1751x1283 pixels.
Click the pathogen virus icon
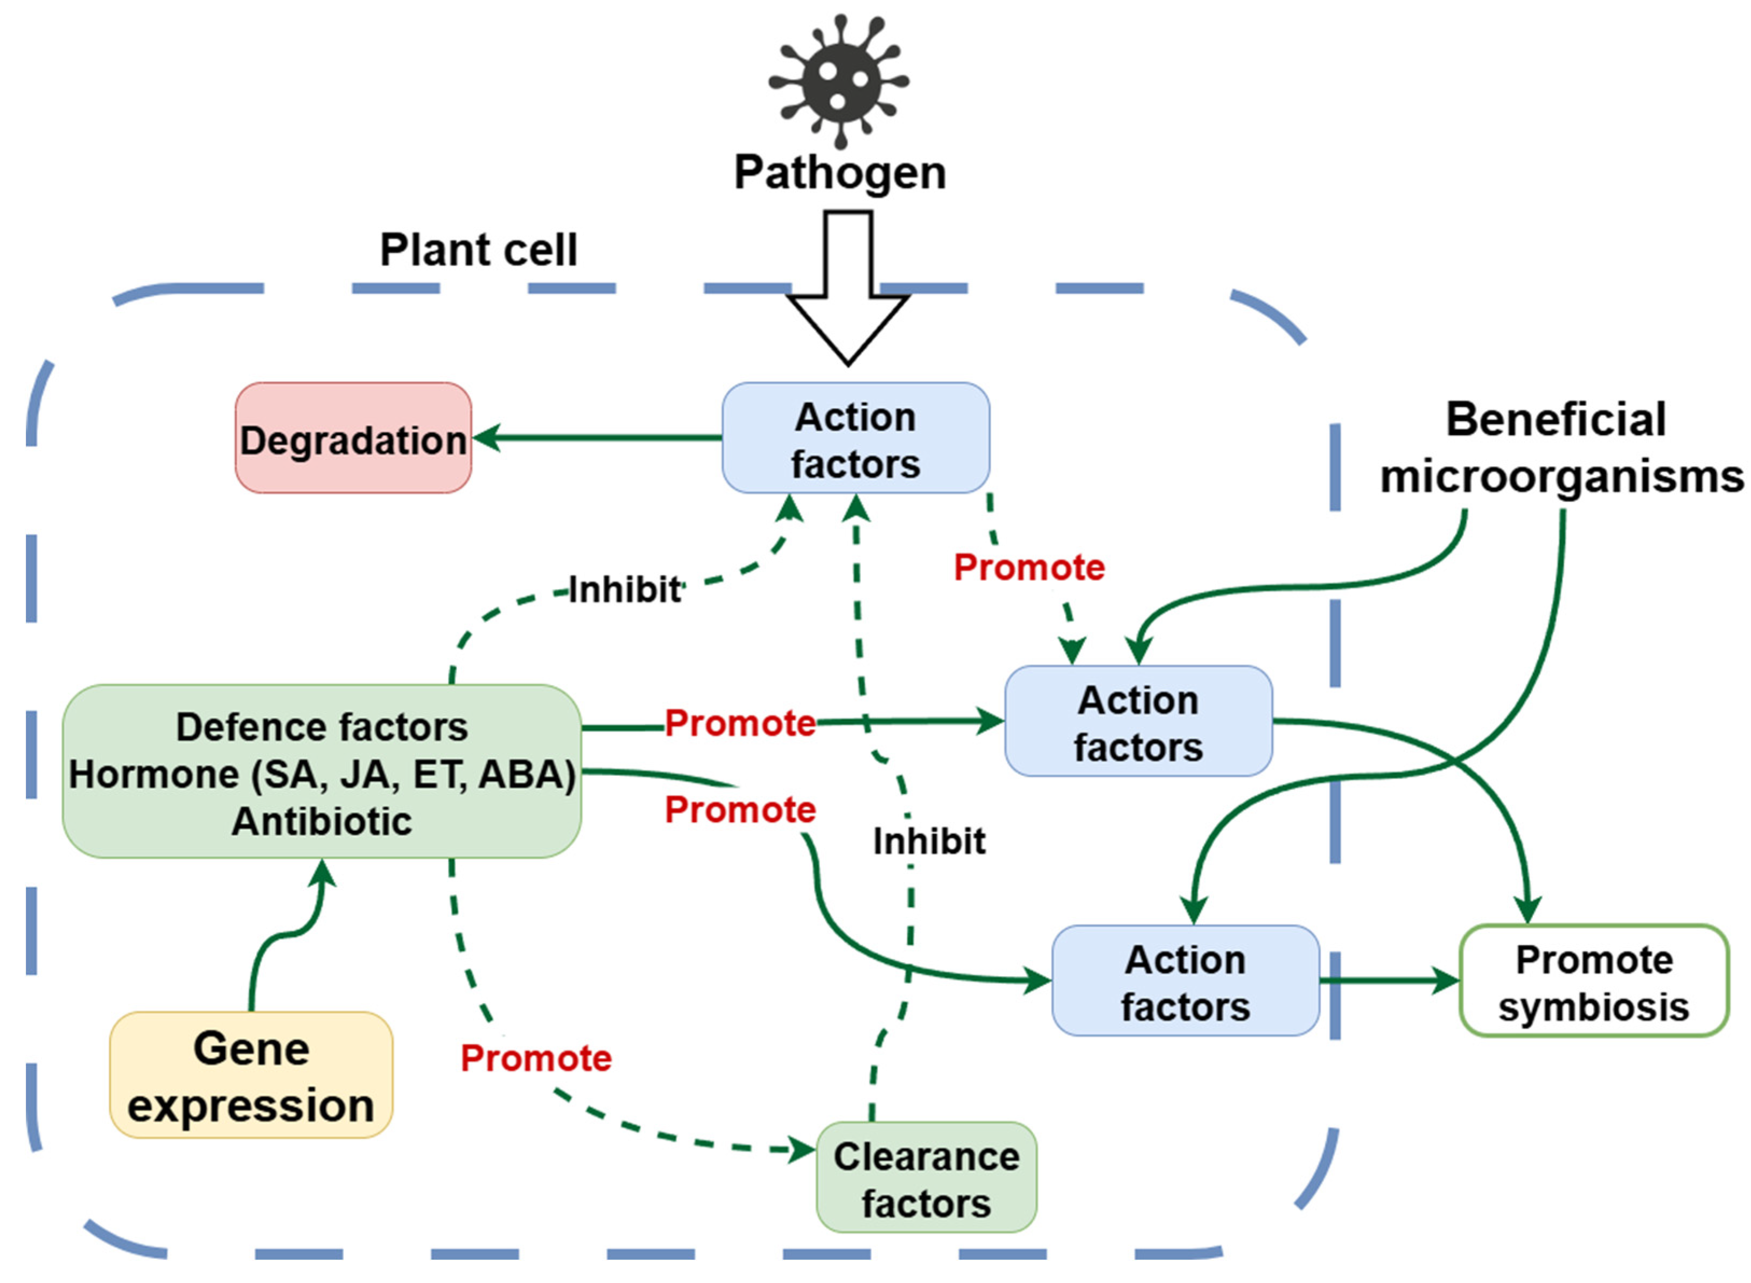click(x=838, y=79)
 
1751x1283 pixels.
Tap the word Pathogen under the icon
click(x=839, y=172)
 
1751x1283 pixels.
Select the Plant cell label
click(x=478, y=250)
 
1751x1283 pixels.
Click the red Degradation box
click(x=353, y=438)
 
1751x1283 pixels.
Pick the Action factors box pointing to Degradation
click(x=855, y=438)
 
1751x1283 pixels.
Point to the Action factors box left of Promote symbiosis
click(x=1185, y=981)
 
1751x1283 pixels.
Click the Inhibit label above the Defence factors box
click(x=624, y=590)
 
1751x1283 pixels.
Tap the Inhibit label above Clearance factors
click(x=929, y=841)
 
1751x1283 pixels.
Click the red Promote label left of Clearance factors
click(x=536, y=1058)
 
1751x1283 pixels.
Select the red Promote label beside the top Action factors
click(x=1029, y=567)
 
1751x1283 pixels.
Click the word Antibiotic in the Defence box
click(x=321, y=822)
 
